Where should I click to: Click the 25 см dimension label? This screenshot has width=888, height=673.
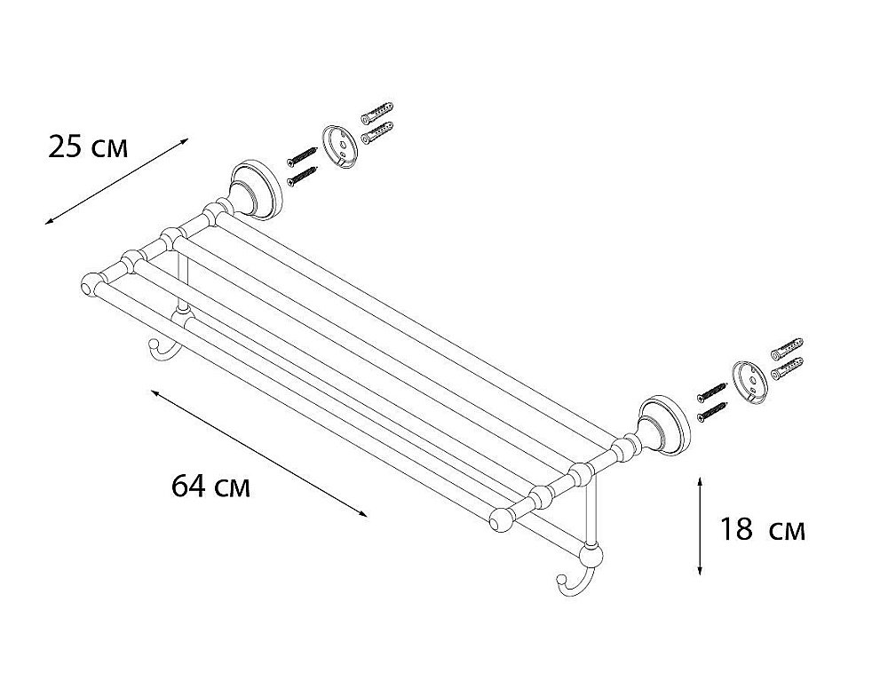pyautogui.click(x=88, y=147)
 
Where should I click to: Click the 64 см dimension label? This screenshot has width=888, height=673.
pyautogui.click(x=210, y=486)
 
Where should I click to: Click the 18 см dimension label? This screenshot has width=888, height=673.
pyautogui.click(x=762, y=530)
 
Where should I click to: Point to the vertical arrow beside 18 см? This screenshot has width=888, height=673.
pyautogui.click(x=700, y=527)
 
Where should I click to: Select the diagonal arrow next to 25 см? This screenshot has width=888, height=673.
pyautogui.click(x=116, y=181)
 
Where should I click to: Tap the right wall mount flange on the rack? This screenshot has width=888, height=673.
pyautogui.click(x=664, y=425)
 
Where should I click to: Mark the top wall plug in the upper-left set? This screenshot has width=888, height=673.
pyautogui.click(x=377, y=112)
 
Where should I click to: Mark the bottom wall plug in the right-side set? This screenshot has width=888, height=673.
pyautogui.click(x=787, y=368)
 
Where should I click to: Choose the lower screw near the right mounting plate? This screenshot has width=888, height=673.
pyautogui.click(x=712, y=410)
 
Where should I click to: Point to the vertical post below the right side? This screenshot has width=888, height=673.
pyautogui.click(x=591, y=510)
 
